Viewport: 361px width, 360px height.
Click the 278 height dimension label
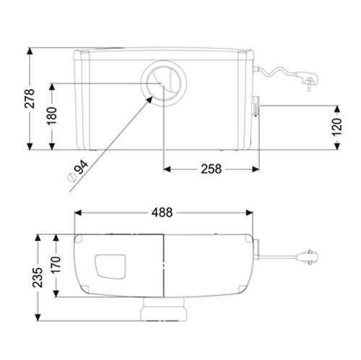[30, 98]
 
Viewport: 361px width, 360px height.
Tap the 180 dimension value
[52, 116]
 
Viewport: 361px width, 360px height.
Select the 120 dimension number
[337, 127]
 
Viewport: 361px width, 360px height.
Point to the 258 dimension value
[211, 169]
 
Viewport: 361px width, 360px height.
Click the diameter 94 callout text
[78, 172]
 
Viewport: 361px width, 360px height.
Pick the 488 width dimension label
[162, 213]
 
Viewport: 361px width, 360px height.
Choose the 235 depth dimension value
[38, 277]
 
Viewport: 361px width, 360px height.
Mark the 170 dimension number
[56, 265]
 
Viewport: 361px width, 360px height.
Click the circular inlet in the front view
[164, 84]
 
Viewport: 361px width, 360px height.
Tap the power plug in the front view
[308, 80]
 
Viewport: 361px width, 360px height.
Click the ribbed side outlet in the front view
[256, 106]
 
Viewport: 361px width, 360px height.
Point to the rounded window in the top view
[110, 266]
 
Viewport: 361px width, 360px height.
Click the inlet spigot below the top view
[164, 309]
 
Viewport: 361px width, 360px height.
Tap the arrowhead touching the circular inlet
[149, 100]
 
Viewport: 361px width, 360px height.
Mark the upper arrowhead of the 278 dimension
[30, 51]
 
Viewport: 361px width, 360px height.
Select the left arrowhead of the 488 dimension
[78, 213]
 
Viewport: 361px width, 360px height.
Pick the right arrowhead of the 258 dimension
[256, 170]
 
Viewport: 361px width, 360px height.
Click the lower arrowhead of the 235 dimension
[38, 317]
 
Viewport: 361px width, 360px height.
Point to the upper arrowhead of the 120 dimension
[337, 109]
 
